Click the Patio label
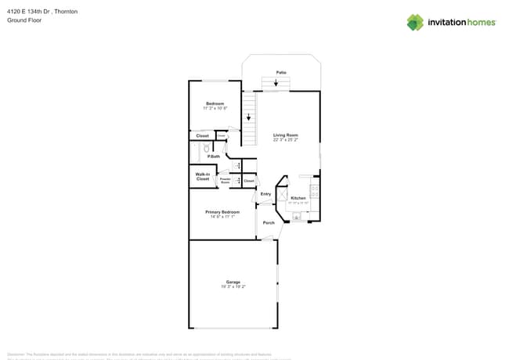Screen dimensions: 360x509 point(280,71)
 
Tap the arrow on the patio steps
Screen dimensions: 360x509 point(276,82)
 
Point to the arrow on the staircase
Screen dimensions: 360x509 point(249,117)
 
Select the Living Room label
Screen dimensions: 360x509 point(286,135)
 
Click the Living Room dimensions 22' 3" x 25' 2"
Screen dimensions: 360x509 point(286,140)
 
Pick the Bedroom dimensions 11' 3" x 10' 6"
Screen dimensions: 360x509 point(215,108)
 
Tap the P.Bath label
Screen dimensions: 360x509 point(213,157)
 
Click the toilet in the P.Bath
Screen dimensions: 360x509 point(206,148)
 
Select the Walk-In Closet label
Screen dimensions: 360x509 point(202,177)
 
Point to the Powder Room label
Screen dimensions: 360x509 point(225,181)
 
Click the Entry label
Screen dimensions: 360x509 point(265,194)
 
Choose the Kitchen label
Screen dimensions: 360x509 point(298,198)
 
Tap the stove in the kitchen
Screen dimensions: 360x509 point(315,189)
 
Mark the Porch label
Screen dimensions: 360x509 point(269,223)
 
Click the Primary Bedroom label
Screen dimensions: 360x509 point(222,212)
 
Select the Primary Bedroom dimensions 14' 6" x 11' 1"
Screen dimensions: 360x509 point(222,217)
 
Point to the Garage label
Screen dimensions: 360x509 point(233,282)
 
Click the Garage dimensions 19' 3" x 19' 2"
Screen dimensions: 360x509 point(233,286)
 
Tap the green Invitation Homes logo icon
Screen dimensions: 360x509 point(415,22)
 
